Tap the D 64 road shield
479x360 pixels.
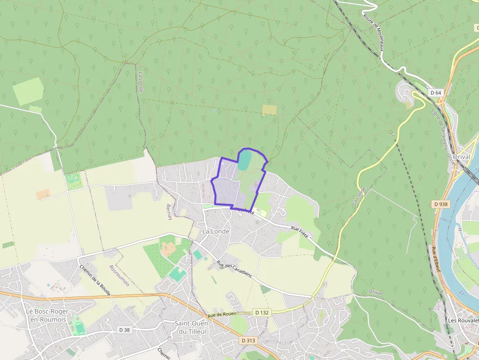pos(435,92)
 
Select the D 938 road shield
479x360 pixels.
pos(441,204)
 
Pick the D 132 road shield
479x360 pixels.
pos(261,312)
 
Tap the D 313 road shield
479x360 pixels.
pos(248,340)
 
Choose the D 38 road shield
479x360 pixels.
pos(125,330)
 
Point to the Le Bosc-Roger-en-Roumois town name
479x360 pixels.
pos(48,316)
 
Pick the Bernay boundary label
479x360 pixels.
pos(170,212)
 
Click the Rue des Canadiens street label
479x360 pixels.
pos(235,269)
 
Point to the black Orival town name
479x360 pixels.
pos(461,157)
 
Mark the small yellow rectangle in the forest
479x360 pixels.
pos(269,110)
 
